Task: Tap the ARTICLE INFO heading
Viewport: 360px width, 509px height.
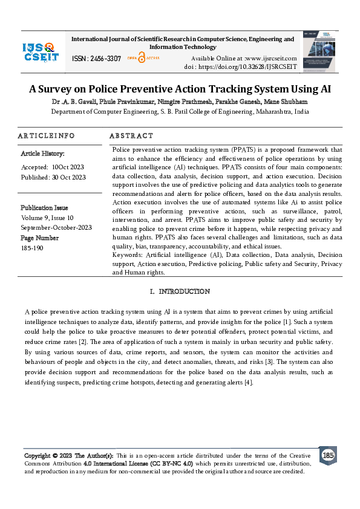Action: tap(47, 136)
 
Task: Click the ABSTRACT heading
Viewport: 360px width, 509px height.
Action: tap(131, 136)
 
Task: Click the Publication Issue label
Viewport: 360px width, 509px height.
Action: tap(44, 208)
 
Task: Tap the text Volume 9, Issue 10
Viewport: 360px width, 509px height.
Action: tap(47, 218)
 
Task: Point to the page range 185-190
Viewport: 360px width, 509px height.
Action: tap(31, 248)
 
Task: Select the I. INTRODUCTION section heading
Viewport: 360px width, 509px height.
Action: tap(180, 292)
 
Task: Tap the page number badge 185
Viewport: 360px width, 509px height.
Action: tap(327, 455)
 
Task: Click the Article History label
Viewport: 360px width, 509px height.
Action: tap(43, 154)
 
